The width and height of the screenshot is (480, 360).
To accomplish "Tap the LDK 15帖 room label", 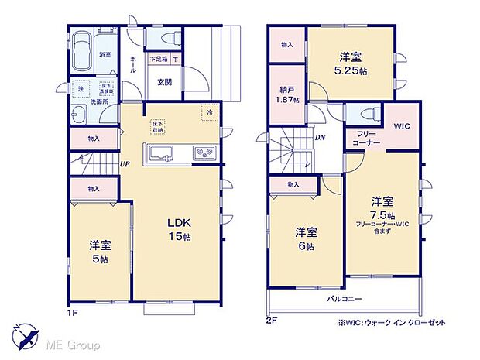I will pos(179,230).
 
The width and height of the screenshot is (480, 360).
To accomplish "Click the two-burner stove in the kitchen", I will pos(204,152).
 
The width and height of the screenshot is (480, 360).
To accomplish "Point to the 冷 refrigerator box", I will pos(209,113).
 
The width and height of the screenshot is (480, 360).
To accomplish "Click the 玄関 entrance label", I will pos(165,83).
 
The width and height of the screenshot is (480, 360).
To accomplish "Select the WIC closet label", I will pos(401,126).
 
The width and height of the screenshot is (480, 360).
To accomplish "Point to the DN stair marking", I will pos(319,138).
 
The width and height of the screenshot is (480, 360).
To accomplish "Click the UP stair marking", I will pos(124,164).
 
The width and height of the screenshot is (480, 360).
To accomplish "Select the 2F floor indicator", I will pos(273,320).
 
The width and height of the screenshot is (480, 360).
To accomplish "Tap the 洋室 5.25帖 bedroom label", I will pos(348,62).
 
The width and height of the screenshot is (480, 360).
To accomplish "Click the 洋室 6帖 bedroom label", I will pos(307,238).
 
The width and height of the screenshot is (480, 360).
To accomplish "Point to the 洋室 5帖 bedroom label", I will pos(101,252).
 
